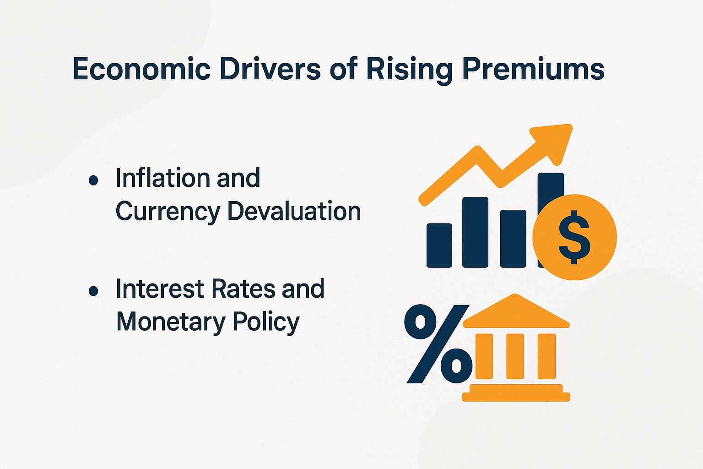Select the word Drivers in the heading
pyautogui.click(x=270, y=70)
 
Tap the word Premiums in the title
pyautogui.click(x=533, y=70)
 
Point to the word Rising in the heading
pyautogui.click(x=409, y=70)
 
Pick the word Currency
pyautogui.click(x=168, y=212)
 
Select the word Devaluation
pyautogui.click(x=294, y=212)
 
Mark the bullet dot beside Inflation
pyautogui.click(x=93, y=180)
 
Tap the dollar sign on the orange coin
pyautogui.click(x=574, y=237)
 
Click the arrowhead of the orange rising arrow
pyautogui.click(x=554, y=140)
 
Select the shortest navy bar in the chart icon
pyautogui.click(x=439, y=245)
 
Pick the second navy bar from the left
pyautogui.click(x=475, y=232)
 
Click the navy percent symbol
pyautogui.click(x=438, y=344)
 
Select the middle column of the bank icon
pyautogui.click(x=515, y=356)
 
